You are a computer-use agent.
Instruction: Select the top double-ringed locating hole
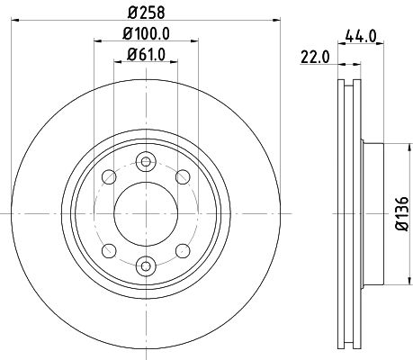pyautogui.click(x=145, y=162)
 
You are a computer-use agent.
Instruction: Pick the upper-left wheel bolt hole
pyautogui.click(x=109, y=176)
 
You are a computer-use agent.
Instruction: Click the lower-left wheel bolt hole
pyautogui.click(x=109, y=249)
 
